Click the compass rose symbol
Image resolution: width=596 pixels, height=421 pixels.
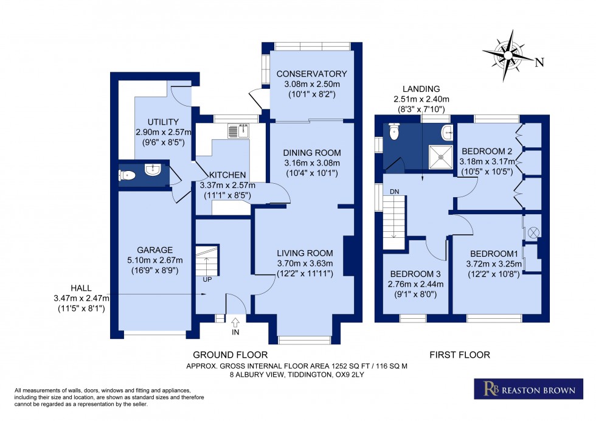click(x=509, y=55)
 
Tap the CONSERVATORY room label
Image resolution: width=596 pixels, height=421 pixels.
click(x=311, y=74)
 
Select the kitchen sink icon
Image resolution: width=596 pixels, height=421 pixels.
click(x=235, y=130)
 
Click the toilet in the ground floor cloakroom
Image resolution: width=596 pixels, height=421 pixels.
click(x=126, y=175)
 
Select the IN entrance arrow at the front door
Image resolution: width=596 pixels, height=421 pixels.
click(x=235, y=321)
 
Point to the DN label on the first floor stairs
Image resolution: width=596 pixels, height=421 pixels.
click(x=394, y=192)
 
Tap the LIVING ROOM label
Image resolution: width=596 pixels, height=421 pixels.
click(x=305, y=253)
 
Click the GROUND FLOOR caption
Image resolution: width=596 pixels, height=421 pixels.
click(x=230, y=355)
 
